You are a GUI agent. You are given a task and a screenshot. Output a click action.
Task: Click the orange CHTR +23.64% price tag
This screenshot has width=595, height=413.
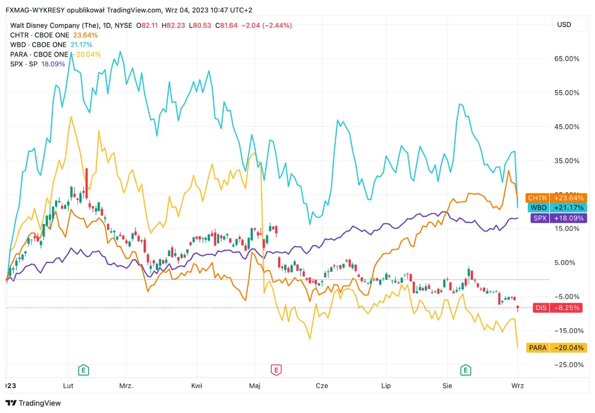click(x=556, y=198)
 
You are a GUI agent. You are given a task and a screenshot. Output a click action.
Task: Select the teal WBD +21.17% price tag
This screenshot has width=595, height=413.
click(x=556, y=207)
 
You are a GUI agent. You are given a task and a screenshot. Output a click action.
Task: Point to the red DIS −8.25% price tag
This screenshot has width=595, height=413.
click(x=557, y=308)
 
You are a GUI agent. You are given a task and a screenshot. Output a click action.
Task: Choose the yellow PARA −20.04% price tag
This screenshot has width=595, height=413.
click(x=556, y=347)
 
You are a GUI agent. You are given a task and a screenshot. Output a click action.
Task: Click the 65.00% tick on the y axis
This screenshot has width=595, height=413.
click(x=566, y=59)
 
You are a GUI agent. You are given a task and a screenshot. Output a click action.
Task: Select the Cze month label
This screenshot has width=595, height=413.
click(x=322, y=385)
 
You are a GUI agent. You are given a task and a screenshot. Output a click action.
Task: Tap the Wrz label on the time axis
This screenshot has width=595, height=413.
click(x=518, y=385)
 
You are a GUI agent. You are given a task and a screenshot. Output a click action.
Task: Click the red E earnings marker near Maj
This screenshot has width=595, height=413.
click(x=276, y=369)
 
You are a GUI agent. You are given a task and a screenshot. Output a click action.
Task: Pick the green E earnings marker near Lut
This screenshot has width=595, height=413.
click(x=84, y=369)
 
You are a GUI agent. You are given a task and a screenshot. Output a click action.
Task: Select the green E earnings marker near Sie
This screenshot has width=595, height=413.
click(x=465, y=369)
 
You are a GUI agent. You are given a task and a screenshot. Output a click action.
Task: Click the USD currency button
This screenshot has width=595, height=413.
click(x=564, y=25)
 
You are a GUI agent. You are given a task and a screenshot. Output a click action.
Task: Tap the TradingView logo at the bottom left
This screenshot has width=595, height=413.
click(x=33, y=403)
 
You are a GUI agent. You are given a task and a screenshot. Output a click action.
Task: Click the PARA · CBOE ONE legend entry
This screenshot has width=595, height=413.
click(x=39, y=54)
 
